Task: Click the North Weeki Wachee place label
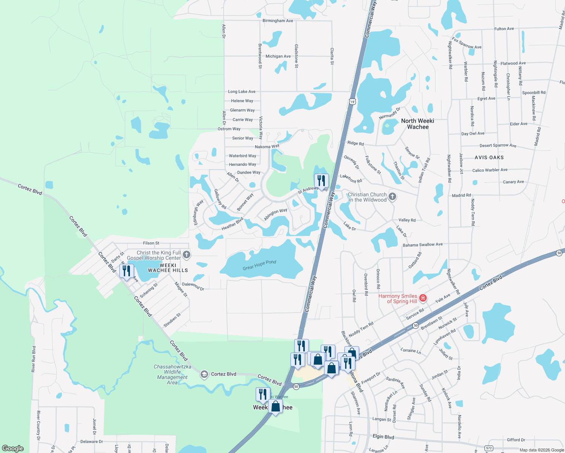tap(417, 124)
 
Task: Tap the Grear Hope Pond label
tap(259, 265)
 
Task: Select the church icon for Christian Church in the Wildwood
tap(392, 196)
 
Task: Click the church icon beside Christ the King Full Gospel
tap(186, 255)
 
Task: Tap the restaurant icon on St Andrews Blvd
tap(321, 180)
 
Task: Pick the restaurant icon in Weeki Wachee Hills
tap(127, 271)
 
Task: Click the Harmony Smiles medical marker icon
tap(423, 298)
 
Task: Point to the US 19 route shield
tap(352, 102)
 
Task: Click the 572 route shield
tap(489, 448)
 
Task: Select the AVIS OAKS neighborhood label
tap(489, 157)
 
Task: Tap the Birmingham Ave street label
tap(278, 21)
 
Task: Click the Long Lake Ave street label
tap(242, 91)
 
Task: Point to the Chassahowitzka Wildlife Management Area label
tap(172, 374)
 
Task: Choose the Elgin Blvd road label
tap(383, 437)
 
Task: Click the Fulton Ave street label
tap(504, 29)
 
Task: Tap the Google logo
tap(13, 448)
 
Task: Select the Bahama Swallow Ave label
tap(423, 245)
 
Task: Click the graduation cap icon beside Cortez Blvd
tap(204, 374)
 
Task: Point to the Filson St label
tap(151, 243)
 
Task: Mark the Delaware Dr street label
tap(91, 441)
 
